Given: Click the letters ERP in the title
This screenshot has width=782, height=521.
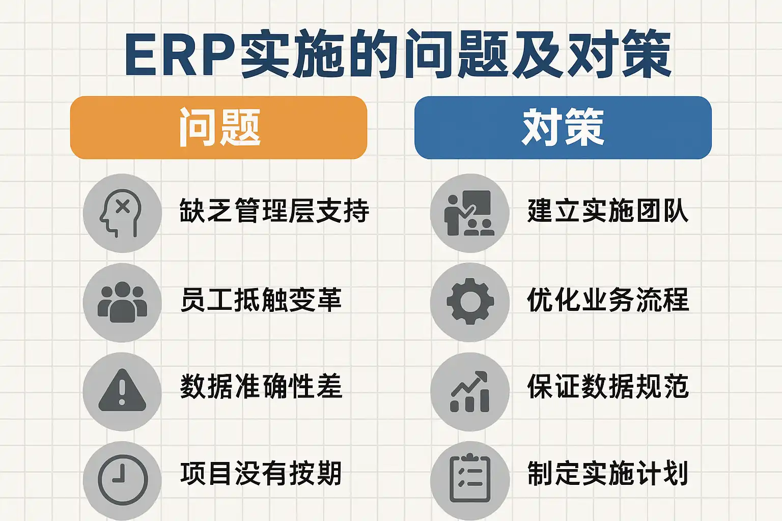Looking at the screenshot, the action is [x=181, y=54].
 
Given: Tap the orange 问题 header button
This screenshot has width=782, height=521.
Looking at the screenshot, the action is [x=218, y=128].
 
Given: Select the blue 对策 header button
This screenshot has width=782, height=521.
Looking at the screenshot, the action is [x=563, y=128].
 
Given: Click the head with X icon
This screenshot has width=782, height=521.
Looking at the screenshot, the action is [x=121, y=213].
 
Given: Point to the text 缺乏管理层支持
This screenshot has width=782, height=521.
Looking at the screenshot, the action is [x=274, y=211].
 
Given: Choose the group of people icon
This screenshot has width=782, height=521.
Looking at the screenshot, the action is [x=122, y=302].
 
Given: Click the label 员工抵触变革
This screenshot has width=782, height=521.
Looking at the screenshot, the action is [x=261, y=299].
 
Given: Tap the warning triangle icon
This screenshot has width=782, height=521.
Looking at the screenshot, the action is [x=122, y=390].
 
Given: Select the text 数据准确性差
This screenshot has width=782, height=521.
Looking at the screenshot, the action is [x=261, y=386].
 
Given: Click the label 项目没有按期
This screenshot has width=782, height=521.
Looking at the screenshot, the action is [x=261, y=473].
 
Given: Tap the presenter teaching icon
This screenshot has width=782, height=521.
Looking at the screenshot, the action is [x=469, y=213].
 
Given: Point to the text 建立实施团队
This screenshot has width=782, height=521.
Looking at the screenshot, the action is [x=608, y=211].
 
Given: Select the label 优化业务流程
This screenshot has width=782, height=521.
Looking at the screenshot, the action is [x=608, y=299].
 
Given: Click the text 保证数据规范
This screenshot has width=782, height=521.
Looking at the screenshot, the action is [x=608, y=386].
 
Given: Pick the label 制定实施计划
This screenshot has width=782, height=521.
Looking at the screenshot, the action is [x=608, y=473].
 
